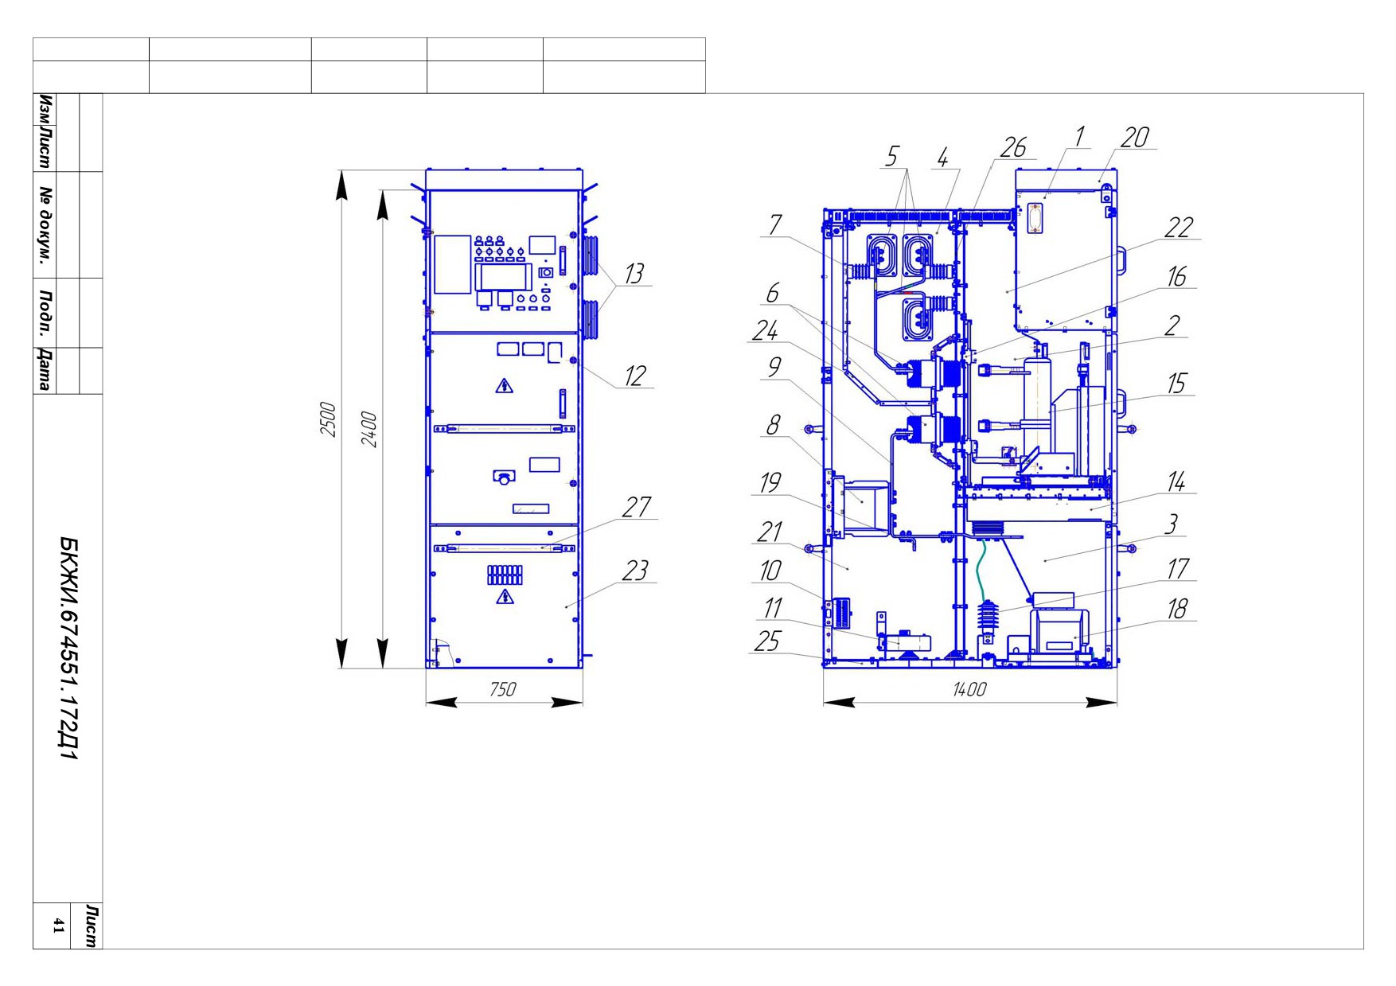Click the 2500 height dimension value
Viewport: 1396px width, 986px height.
click(328, 419)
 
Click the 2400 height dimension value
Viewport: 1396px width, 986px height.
click(369, 429)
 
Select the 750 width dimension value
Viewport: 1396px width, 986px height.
click(502, 689)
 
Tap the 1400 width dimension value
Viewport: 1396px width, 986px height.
click(969, 689)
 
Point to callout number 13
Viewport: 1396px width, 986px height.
click(634, 274)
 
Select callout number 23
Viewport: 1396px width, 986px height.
click(635, 571)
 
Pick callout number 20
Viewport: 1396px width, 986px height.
click(1135, 138)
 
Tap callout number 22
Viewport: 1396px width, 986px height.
click(1179, 228)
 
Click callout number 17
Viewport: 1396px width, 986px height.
click(1178, 569)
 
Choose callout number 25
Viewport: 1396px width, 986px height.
click(766, 641)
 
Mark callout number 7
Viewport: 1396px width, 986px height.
click(775, 225)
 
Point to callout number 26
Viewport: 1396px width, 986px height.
click(1013, 147)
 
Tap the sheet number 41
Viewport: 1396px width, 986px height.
click(58, 925)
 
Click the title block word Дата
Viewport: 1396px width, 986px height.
click(45, 370)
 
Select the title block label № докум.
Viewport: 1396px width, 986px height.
click(45, 224)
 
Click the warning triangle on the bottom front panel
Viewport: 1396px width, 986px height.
click(505, 597)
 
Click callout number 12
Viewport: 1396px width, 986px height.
click(634, 376)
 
